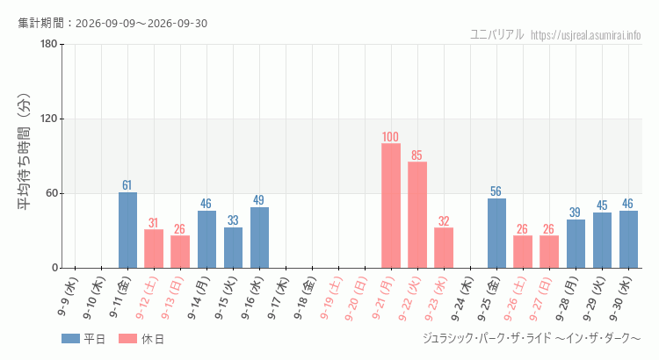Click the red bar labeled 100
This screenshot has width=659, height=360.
click(x=391, y=205)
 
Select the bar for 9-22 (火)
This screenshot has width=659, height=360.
click(x=417, y=214)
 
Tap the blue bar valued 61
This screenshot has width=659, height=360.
click(x=127, y=230)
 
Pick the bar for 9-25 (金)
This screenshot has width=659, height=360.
click(x=496, y=234)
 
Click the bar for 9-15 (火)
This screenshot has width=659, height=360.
click(x=233, y=248)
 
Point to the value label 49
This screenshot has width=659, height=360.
click(x=258, y=200)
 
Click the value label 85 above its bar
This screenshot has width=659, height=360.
click(x=416, y=155)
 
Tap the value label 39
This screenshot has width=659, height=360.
click(x=575, y=212)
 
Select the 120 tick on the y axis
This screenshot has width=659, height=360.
click(x=48, y=119)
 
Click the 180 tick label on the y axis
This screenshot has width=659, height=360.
click(x=48, y=44)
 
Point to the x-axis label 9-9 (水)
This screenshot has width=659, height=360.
click(x=68, y=296)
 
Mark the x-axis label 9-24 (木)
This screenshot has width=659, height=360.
click(x=462, y=299)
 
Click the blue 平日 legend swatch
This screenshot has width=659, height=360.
click(x=70, y=339)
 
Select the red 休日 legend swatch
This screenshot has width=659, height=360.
click(x=127, y=339)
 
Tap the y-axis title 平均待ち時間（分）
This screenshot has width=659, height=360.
click(x=24, y=152)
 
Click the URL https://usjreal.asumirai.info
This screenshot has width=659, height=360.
click(x=585, y=35)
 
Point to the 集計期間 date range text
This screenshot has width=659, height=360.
click(x=112, y=23)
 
